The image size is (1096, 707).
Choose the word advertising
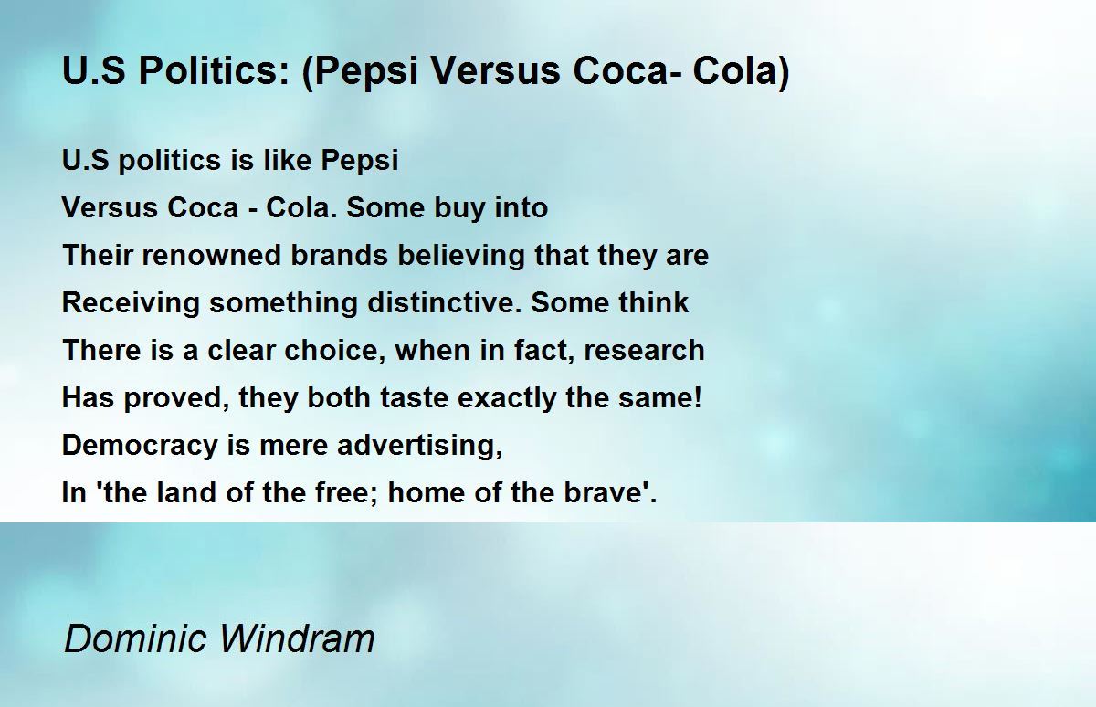tap(421, 447)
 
